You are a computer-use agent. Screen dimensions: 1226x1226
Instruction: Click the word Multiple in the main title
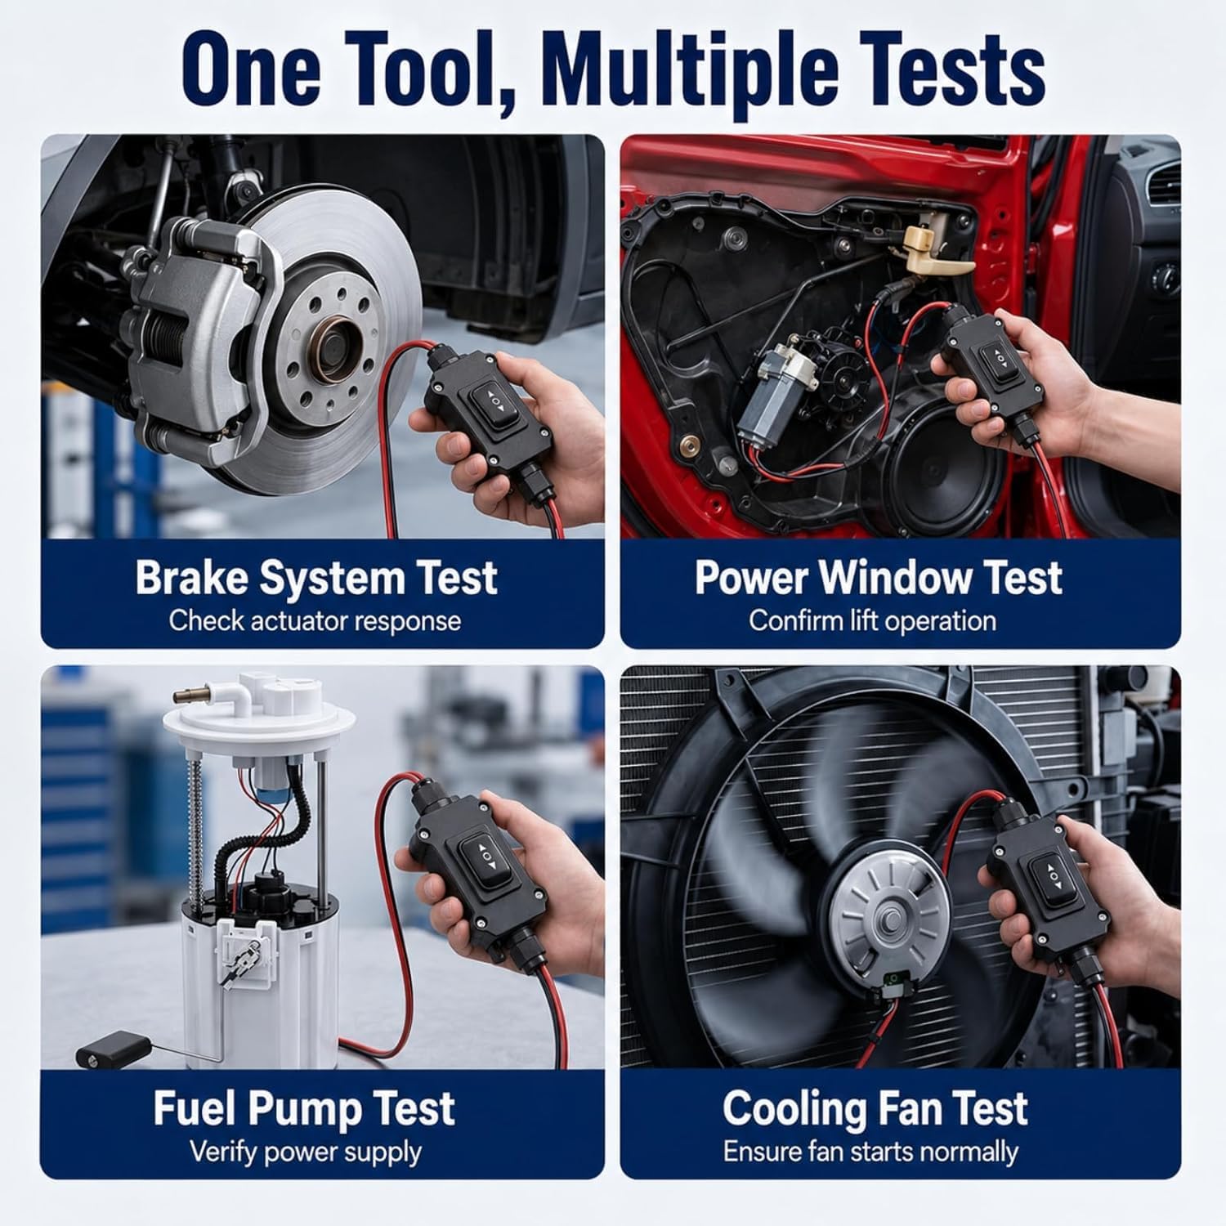(x=689, y=73)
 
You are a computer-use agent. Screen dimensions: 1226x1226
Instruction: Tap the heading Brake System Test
(x=316, y=578)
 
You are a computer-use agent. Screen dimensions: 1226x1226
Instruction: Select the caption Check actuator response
(x=315, y=620)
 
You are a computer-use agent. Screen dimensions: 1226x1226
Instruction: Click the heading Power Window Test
(x=878, y=578)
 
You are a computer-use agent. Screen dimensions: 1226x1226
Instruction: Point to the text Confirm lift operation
(x=872, y=620)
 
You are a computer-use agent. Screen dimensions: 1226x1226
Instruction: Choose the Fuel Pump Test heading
(x=304, y=1109)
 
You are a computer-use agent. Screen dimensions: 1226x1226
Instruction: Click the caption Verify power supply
(x=306, y=1152)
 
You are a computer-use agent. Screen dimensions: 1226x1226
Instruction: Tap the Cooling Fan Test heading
(x=875, y=1109)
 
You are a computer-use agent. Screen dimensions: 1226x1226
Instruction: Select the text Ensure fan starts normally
(x=870, y=1152)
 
